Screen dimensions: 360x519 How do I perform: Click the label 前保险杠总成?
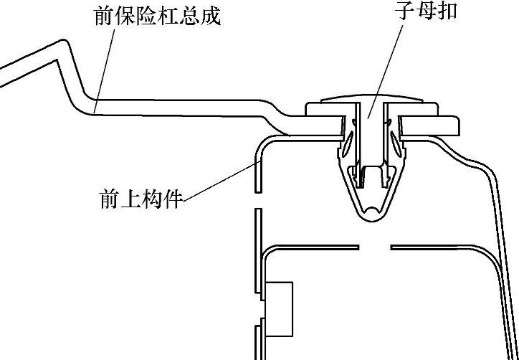pos(157,16)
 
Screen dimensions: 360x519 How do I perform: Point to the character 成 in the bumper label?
pos(209,16)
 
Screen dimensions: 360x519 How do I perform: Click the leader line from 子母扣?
pos(391,65)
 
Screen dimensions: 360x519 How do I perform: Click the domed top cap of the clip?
pos(371,100)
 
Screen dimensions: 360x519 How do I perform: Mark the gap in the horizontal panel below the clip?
pos(374,248)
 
